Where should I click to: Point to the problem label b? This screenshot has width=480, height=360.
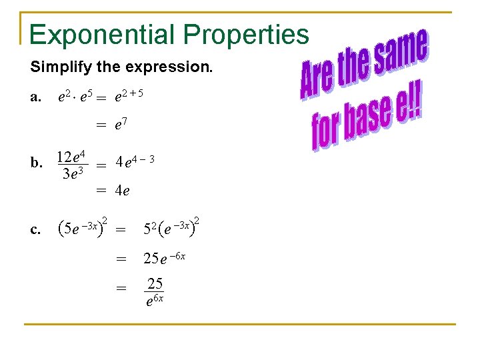37,162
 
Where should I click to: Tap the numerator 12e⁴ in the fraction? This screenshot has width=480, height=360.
71,157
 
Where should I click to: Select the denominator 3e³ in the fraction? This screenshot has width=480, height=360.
71,175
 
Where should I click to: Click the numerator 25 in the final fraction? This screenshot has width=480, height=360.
155,284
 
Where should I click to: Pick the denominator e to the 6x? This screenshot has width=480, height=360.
154,301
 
